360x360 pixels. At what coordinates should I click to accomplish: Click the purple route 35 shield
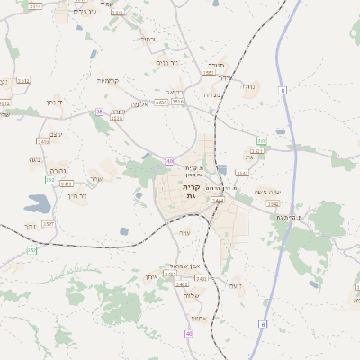coord(98,112)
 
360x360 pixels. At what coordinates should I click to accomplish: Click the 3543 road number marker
coord(241,173)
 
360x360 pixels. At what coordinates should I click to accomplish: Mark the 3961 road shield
coord(209,74)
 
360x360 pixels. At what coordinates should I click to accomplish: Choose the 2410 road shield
coord(43,142)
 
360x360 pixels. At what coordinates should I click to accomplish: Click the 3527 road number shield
coord(49,223)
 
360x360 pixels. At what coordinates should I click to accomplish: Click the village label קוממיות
coord(109,80)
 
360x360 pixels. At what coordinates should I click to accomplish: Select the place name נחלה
coord(248,86)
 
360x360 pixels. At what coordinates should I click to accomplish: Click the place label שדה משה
coord(268,193)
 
